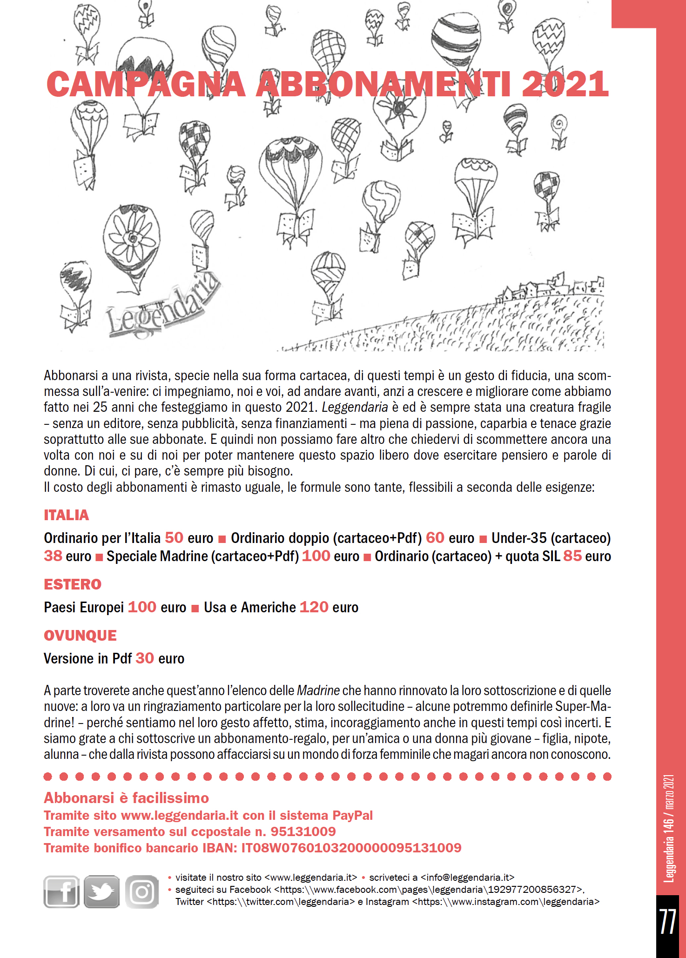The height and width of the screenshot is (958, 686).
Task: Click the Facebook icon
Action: click(61, 891)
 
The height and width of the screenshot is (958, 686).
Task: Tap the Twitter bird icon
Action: click(101, 891)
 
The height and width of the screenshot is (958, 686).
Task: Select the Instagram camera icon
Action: click(141, 891)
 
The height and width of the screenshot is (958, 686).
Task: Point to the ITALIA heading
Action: click(66, 515)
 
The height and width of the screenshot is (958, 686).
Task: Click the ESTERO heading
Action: click(72, 584)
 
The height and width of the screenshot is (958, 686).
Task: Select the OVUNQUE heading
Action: click(80, 636)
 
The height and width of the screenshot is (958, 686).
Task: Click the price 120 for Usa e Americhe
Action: click(314, 607)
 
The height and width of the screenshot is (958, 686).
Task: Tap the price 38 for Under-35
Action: click(53, 556)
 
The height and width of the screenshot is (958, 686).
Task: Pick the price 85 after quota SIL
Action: click(572, 556)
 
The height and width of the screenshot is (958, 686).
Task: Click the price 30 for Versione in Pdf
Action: click(144, 658)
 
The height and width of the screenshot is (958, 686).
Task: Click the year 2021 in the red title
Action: click(565, 85)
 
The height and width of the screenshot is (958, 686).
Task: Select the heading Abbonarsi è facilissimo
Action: click(126, 798)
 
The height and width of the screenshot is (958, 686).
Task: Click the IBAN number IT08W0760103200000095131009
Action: click(351, 848)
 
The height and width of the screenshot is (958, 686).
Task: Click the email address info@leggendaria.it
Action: click(467, 878)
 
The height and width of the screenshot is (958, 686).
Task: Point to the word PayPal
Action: click(352, 815)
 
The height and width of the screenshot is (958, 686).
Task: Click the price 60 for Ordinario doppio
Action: click(435, 538)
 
